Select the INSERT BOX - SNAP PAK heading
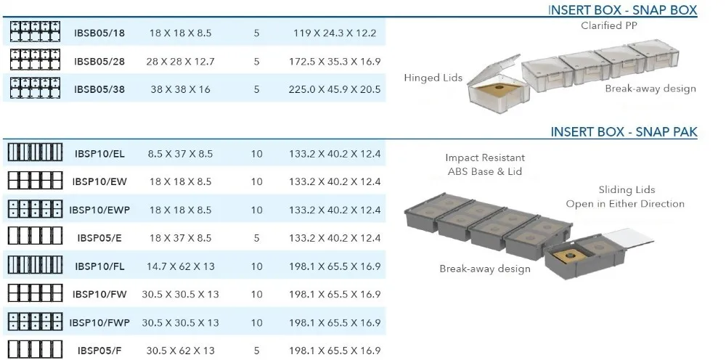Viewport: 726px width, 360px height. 624,131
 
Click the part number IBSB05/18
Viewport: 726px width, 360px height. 99,33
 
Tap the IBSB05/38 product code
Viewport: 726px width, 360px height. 99,89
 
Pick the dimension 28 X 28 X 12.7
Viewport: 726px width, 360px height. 181,61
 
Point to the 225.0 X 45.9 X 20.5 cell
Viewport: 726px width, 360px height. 335,89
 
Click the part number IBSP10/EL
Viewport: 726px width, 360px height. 99,154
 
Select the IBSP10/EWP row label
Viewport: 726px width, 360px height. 99,210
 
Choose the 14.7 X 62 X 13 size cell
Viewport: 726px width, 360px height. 181,266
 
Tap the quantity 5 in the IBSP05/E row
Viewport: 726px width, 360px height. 257,238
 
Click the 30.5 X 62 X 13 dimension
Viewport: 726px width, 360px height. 181,351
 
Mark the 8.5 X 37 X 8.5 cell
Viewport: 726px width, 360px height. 181,154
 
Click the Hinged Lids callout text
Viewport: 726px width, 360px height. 433,78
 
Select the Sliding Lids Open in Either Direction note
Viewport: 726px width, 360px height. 625,197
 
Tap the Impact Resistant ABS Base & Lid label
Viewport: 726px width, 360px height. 485,165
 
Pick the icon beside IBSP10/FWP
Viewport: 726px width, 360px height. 34,322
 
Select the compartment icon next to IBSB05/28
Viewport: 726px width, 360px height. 34,61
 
